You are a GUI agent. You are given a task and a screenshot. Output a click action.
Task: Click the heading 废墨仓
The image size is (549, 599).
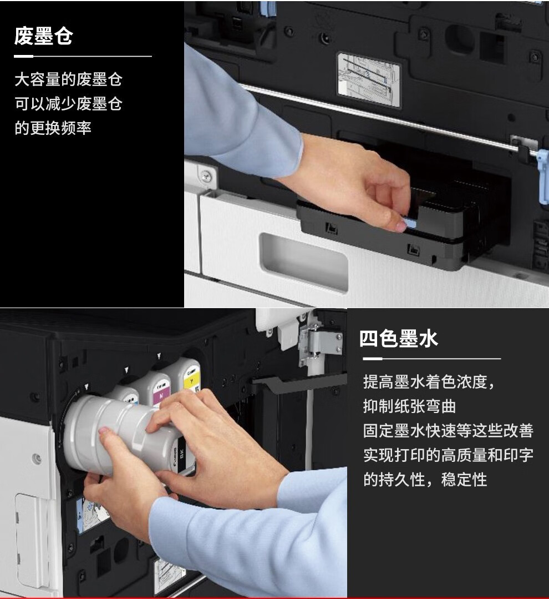pyautogui.click(x=43, y=36)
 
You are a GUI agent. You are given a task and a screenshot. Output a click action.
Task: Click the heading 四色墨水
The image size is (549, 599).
pyautogui.click(x=398, y=339)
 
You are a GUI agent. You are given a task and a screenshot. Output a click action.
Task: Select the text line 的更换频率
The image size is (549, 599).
pyautogui.click(x=53, y=128)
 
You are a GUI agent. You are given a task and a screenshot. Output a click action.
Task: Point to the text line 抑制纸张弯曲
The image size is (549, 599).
pyautogui.click(x=409, y=406)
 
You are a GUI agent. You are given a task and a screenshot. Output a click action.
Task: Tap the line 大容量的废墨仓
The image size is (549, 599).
pyautogui.click(x=68, y=79)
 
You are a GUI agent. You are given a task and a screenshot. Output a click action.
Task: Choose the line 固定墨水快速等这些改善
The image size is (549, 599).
pyautogui.click(x=448, y=431)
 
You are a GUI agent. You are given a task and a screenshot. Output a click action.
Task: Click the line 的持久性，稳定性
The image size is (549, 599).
pyautogui.click(x=425, y=480)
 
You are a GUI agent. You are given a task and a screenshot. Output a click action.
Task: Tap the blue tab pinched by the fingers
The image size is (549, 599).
pyautogui.click(x=410, y=222)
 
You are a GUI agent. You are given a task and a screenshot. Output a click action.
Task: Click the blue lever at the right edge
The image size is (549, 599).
pyautogui.click(x=543, y=176)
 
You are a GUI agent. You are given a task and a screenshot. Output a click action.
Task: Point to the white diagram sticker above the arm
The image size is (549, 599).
pyautogui.click(x=369, y=79)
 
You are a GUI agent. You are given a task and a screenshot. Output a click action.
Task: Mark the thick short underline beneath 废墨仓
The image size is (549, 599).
pyautogui.click(x=24, y=56)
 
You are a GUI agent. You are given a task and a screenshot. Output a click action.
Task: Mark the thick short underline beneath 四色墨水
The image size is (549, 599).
pyautogui.click(x=372, y=359)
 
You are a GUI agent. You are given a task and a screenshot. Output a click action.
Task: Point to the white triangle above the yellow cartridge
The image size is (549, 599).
pyautogui.click(x=159, y=356)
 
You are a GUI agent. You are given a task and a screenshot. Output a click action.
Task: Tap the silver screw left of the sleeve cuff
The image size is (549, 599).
pyautogui.click(x=206, y=177)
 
